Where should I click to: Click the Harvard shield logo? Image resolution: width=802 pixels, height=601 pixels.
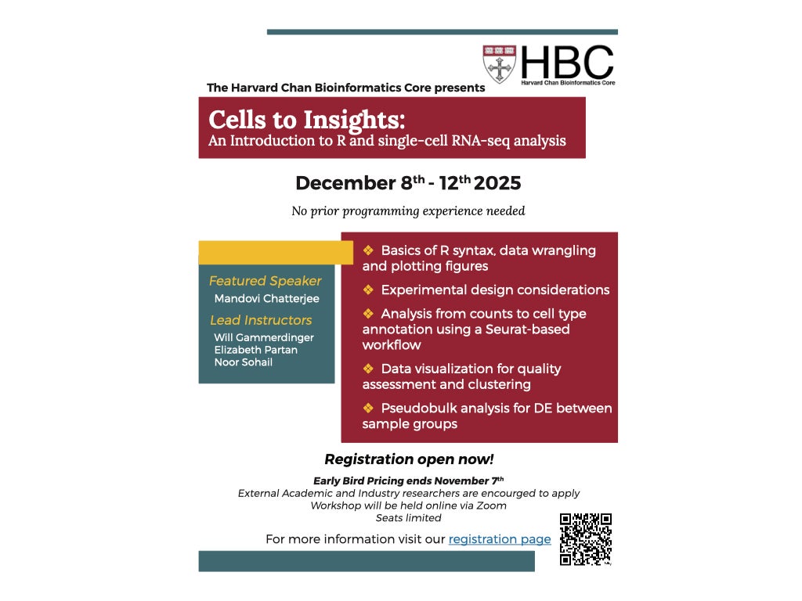[x=499, y=64]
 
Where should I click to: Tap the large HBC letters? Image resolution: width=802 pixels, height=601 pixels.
[x=567, y=61]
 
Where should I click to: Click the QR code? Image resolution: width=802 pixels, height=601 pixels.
[x=585, y=539]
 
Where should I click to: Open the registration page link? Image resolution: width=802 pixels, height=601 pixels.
[x=500, y=539]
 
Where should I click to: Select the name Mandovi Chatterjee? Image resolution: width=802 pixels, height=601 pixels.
[x=266, y=298]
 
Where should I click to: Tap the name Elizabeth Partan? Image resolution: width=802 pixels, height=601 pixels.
[x=255, y=350]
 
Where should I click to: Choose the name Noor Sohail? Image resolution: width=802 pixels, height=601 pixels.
[x=243, y=362]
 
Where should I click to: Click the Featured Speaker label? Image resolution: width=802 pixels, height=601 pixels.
[x=265, y=281]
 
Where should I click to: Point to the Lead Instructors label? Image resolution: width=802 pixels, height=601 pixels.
[x=261, y=320]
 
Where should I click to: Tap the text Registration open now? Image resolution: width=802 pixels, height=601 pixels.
[x=409, y=459]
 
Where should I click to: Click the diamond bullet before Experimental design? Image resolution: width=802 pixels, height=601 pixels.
[x=368, y=290]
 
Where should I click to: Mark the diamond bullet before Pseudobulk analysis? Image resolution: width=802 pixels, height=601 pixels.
[x=368, y=408]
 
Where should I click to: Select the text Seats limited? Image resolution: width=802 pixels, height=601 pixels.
[x=408, y=518]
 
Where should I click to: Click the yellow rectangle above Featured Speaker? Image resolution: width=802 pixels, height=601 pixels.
[x=276, y=252]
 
